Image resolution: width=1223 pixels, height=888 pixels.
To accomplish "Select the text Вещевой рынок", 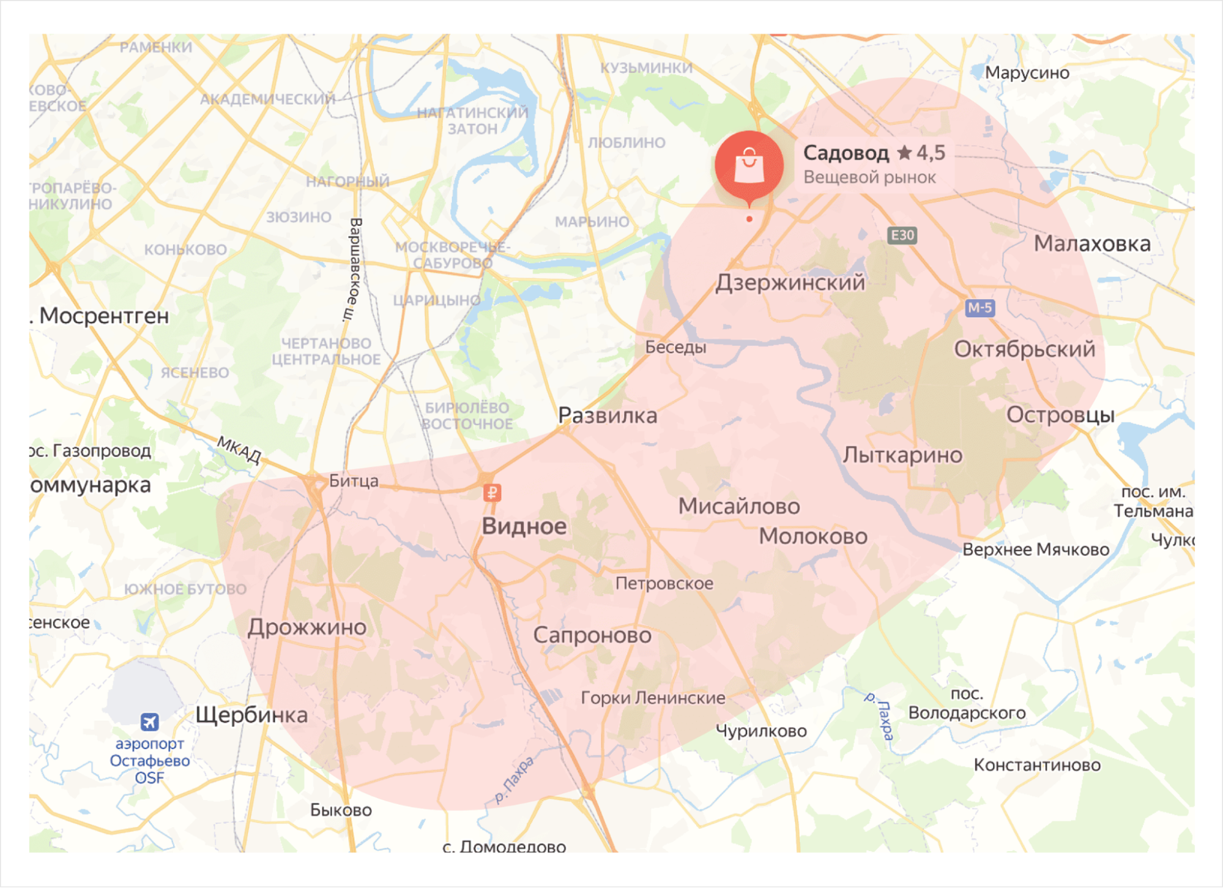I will (x=869, y=177).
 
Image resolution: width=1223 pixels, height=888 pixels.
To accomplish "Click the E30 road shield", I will (x=902, y=236).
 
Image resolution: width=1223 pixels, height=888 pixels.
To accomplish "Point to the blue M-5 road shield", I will (x=980, y=308).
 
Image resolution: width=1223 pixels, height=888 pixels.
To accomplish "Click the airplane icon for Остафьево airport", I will (x=149, y=722).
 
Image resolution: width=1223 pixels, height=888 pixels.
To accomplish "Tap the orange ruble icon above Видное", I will (x=493, y=493).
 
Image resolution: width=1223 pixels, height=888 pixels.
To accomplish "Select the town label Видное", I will (x=524, y=526).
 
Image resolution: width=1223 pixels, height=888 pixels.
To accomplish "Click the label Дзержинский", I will (x=790, y=283).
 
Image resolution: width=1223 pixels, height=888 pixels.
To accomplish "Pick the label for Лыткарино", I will (x=902, y=455).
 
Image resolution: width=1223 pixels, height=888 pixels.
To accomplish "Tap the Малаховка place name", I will (x=1091, y=244).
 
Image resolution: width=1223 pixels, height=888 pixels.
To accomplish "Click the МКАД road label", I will (x=239, y=450).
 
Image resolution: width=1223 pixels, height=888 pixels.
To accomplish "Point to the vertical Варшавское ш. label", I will (x=353, y=269).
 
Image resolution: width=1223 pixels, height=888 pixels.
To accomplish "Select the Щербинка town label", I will (x=251, y=715).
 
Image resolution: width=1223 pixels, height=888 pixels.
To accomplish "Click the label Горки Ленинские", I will (x=652, y=698).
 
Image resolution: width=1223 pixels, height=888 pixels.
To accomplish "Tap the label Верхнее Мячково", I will (x=1035, y=550).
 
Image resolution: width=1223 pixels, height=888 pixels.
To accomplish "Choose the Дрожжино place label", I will (x=307, y=627).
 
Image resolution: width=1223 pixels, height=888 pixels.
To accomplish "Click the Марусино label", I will (x=1027, y=73).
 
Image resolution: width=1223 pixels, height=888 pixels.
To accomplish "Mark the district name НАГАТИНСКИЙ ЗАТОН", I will (x=472, y=121).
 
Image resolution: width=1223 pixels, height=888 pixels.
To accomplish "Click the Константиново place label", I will (x=1036, y=765).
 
